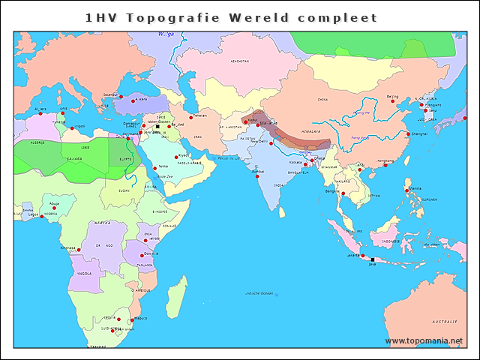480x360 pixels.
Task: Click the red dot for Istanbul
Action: tap(121, 97)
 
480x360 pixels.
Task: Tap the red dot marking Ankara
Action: tap(133, 100)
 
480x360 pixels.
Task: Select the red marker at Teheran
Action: tap(190, 117)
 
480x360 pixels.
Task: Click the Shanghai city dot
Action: tap(408, 134)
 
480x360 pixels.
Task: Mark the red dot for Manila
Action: tap(406, 190)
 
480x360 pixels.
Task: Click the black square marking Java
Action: tap(373, 259)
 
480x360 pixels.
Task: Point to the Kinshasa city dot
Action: tap(79, 250)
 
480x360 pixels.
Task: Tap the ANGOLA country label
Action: tap(85, 274)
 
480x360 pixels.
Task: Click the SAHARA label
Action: tap(75, 159)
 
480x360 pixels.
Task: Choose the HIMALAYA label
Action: tap(310, 130)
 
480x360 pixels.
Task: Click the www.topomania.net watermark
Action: tap(424, 341)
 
